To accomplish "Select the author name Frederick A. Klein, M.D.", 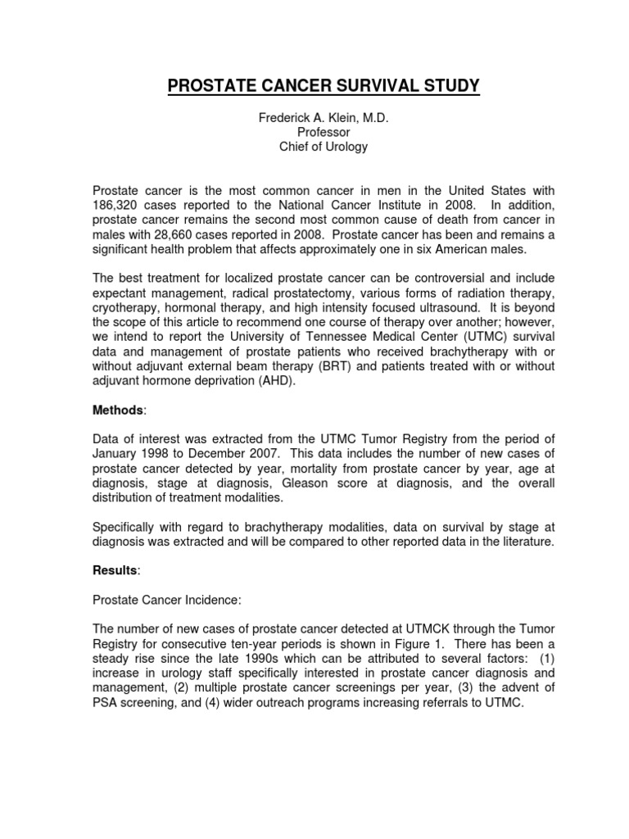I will click(323, 118).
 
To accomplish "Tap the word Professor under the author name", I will click(323, 132).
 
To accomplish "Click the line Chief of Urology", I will click(323, 147).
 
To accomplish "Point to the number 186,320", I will click(119, 204).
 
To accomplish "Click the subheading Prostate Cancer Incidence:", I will click(166, 601).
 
